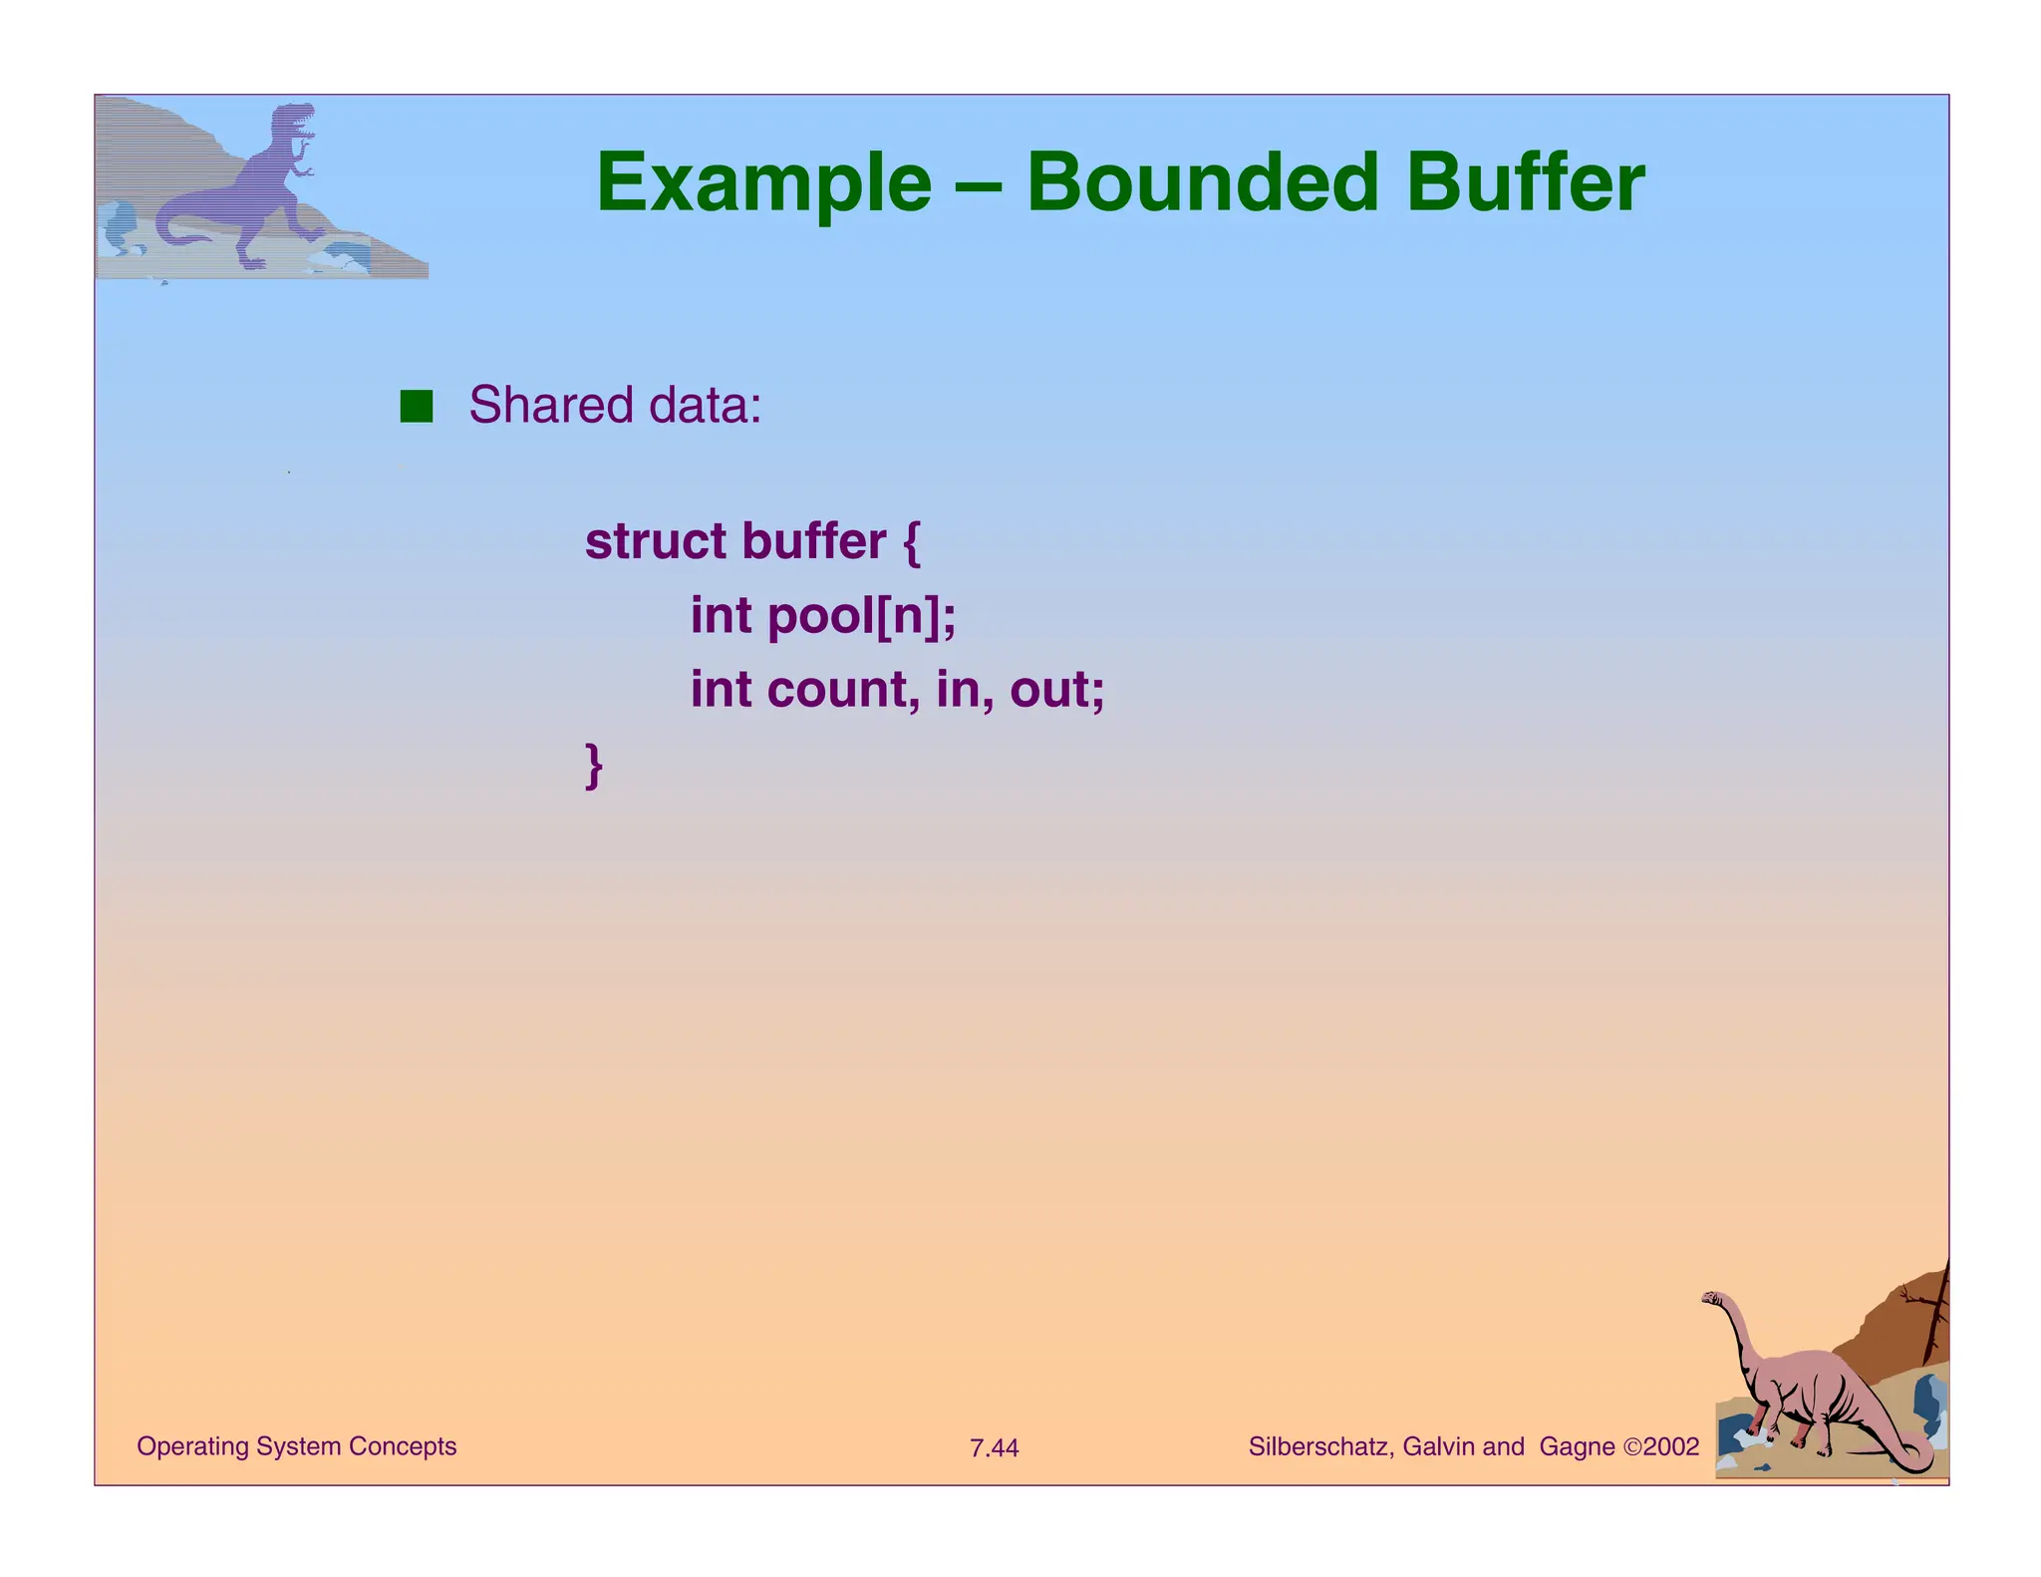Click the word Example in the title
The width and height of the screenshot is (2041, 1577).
[x=763, y=185]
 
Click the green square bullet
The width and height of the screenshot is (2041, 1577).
[x=416, y=407]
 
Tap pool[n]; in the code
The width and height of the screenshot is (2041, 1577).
[x=862, y=616]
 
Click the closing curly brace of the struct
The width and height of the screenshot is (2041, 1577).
[x=594, y=766]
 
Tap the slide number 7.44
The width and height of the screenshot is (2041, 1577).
[x=994, y=1448]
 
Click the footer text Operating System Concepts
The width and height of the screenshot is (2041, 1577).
[x=296, y=1446]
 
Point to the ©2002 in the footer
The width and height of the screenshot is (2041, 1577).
[x=1661, y=1446]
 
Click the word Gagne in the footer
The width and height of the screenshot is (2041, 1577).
[x=1577, y=1446]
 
